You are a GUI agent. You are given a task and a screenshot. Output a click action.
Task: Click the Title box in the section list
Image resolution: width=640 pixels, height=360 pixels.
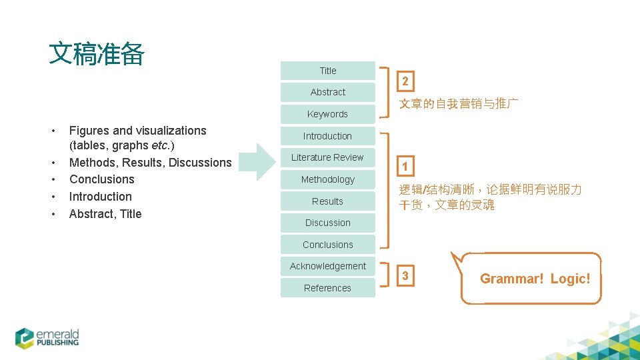click(x=327, y=71)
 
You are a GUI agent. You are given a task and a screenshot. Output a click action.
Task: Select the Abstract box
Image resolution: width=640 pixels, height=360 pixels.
click(x=327, y=92)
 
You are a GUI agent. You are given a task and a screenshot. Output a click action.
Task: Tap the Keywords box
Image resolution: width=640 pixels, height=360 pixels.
click(x=327, y=114)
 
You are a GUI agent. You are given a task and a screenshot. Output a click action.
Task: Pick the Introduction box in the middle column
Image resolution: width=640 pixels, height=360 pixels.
click(x=327, y=136)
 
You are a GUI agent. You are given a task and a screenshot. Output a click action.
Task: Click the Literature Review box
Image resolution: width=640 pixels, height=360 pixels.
click(x=327, y=157)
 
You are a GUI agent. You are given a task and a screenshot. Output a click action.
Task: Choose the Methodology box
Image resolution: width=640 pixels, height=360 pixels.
click(x=327, y=179)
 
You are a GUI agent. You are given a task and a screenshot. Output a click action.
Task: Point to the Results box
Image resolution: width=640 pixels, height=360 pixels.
click(x=327, y=201)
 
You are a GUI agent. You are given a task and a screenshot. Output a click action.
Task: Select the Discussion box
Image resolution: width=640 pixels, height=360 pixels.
click(x=327, y=223)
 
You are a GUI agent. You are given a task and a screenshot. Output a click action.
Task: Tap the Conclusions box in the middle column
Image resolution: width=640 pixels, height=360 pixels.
click(x=327, y=245)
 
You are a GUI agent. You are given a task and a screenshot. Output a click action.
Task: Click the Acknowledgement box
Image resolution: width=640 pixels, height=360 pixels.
click(x=327, y=266)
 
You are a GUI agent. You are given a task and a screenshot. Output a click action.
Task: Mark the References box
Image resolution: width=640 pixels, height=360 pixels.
click(x=327, y=288)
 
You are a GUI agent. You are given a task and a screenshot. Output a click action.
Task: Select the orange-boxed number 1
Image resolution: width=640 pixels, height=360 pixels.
click(x=405, y=166)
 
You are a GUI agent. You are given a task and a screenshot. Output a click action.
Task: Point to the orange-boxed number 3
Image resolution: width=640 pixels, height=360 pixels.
click(x=405, y=275)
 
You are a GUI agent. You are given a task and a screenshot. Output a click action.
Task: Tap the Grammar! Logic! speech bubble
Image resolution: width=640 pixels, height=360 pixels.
click(x=534, y=279)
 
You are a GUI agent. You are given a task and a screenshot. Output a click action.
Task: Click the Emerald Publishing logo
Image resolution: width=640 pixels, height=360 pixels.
click(x=47, y=337)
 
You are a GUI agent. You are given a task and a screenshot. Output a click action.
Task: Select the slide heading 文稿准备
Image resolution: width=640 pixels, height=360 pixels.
click(x=97, y=55)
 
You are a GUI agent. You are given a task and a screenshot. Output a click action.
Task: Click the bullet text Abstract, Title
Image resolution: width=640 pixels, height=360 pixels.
click(x=105, y=214)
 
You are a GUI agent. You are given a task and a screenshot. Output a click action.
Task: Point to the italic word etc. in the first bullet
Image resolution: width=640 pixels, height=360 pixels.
click(x=160, y=145)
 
